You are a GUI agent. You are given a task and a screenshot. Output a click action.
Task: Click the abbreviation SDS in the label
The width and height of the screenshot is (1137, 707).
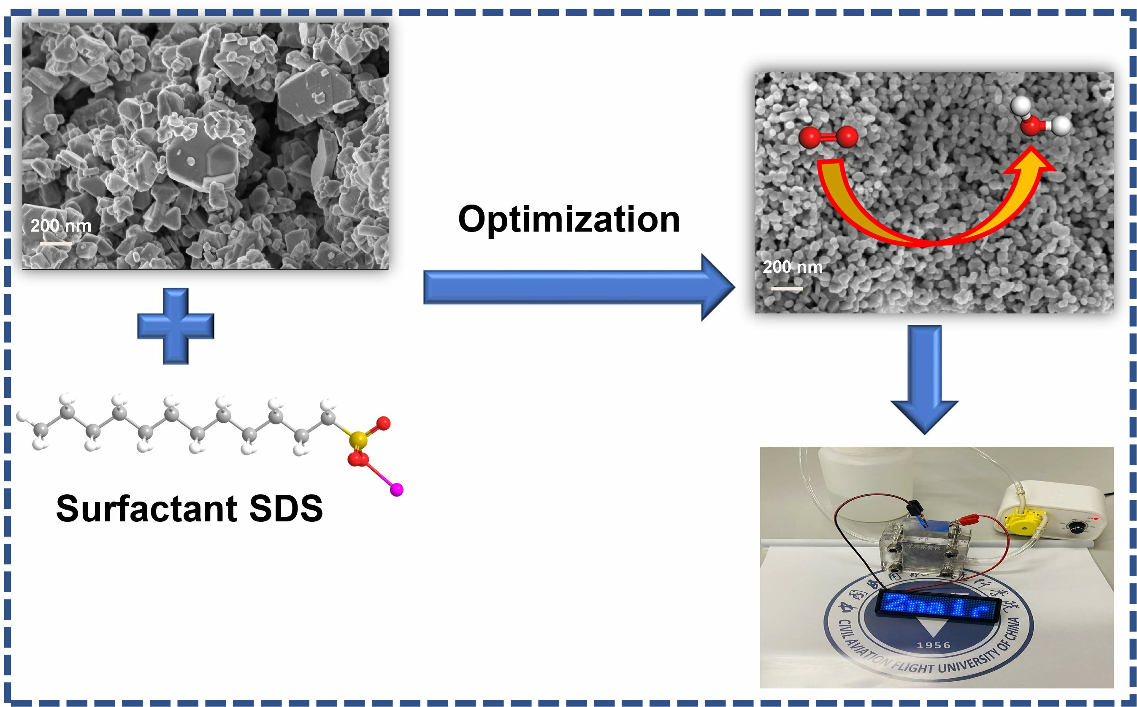[x=286, y=509]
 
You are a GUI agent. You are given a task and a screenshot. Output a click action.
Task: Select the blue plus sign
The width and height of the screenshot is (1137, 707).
[x=176, y=326]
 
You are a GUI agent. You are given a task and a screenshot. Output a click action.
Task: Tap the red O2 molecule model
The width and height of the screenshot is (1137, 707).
[x=828, y=138]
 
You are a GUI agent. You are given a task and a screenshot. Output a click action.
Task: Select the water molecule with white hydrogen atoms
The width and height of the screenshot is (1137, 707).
[x=1040, y=120]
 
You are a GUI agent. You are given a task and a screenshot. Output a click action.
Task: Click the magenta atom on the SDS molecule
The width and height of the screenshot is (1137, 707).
[x=397, y=490]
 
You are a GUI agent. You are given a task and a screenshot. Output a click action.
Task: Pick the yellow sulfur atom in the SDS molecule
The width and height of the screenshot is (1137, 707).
[x=358, y=440]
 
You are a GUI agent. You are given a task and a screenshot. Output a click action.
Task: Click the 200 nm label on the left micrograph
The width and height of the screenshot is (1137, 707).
[x=61, y=226]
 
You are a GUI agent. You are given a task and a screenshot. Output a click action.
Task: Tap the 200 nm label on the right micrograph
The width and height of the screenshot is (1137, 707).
[x=792, y=267]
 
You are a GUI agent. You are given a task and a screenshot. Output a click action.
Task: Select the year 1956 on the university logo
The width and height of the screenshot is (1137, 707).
[x=934, y=646]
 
